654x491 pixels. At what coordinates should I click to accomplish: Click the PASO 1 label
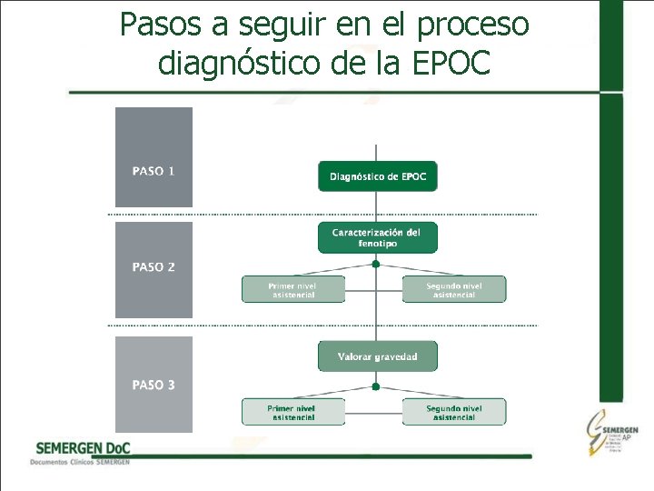(x=154, y=171)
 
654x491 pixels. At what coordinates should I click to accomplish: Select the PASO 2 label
(x=154, y=267)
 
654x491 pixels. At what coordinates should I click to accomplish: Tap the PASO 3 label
(x=154, y=386)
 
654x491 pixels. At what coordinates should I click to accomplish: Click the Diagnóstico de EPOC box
(x=377, y=176)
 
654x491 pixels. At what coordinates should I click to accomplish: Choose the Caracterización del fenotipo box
(x=377, y=238)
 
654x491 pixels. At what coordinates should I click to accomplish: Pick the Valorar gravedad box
(x=377, y=356)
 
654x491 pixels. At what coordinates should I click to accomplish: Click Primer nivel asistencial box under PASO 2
(x=292, y=290)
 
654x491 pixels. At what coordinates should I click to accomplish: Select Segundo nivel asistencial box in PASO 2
(x=454, y=290)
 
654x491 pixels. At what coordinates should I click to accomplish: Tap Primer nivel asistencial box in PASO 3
(x=292, y=413)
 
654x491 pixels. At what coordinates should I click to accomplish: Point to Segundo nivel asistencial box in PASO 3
(x=454, y=413)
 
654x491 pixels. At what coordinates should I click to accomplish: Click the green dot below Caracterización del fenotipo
(x=376, y=264)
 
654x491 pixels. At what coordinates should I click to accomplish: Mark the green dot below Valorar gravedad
(x=376, y=386)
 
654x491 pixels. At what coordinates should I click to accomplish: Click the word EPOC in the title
(x=451, y=63)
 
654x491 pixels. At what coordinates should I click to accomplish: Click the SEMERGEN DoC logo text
(x=83, y=448)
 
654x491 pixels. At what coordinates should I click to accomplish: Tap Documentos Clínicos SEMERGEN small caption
(x=80, y=462)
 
